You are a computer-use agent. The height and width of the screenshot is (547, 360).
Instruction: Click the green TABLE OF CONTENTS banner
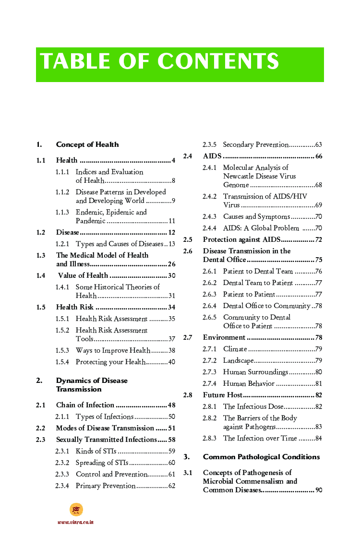pos(180,64)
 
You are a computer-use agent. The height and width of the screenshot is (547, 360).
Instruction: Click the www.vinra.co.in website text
pos(75,522)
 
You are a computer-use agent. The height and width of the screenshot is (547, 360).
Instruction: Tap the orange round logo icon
pos(76,510)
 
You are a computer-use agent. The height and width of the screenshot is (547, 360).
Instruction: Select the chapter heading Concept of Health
pos(87,144)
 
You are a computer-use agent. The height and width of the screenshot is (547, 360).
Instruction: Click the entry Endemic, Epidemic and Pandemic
pos(111,216)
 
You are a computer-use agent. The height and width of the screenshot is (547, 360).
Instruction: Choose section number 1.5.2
pos(62,330)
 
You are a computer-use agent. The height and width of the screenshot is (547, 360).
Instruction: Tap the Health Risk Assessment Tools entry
pos(111,334)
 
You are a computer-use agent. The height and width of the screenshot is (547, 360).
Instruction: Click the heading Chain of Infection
pos(85,405)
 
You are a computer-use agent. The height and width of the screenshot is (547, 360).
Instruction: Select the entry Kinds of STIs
pos(96,451)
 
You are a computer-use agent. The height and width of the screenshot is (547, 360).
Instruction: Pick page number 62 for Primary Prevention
pos(171,486)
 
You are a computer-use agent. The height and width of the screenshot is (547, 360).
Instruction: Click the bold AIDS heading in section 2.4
pos(212,156)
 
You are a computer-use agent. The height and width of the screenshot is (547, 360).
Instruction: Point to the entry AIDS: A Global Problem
pos(261,228)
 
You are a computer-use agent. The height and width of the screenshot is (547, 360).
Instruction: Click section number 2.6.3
pos(209,294)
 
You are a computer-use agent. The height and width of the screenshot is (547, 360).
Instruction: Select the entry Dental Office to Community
pos(266,306)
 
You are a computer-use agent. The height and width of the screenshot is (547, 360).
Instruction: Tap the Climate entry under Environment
pos(235,349)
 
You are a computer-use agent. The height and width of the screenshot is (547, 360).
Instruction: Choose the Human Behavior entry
pos(249,383)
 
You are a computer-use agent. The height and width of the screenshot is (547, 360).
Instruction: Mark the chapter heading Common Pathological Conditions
pos(261,457)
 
